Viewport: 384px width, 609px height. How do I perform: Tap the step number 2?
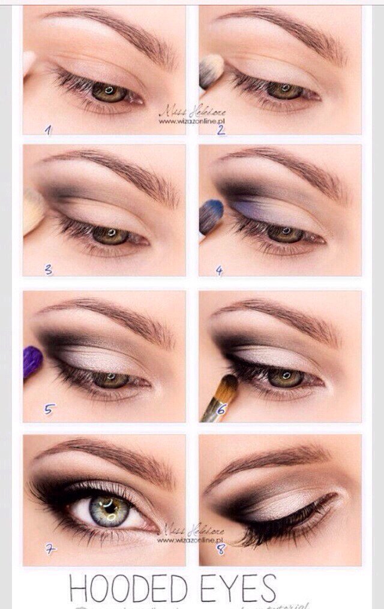click(221, 129)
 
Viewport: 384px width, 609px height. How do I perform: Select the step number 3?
click(49, 270)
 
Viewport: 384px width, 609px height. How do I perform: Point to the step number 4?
click(220, 270)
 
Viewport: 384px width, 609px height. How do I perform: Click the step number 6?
click(221, 410)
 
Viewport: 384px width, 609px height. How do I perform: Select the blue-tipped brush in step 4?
click(211, 216)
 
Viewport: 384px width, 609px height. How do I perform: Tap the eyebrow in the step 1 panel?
click(114, 30)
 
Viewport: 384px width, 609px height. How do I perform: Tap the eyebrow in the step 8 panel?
click(270, 462)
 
